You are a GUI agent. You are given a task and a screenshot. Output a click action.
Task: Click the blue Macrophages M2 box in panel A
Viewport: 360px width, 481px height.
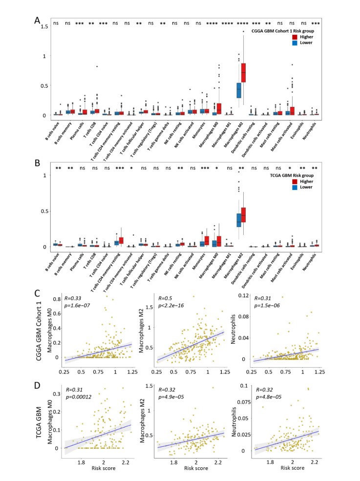pos(239,90)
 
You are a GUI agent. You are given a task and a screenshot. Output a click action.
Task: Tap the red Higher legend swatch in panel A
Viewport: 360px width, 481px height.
pos(295,37)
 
